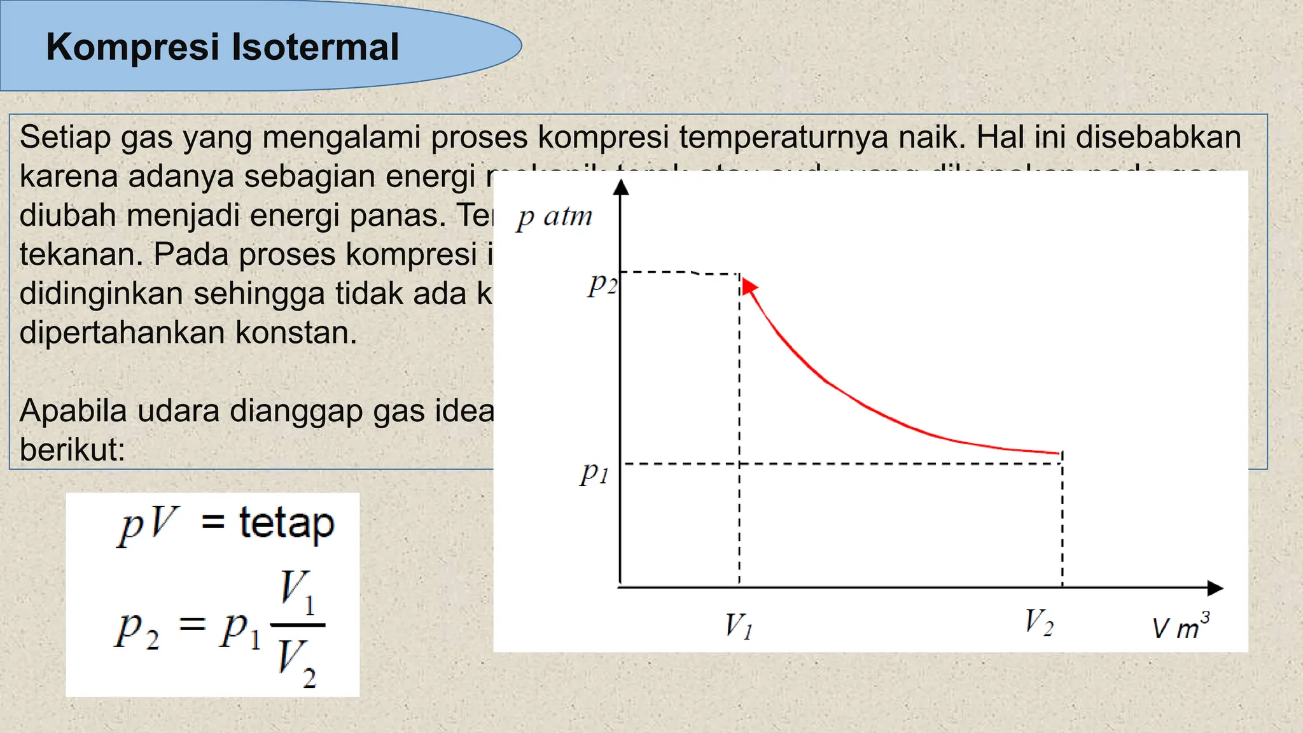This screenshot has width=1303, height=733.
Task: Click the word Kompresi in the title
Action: pos(132,48)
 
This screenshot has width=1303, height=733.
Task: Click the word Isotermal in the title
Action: pos(315,48)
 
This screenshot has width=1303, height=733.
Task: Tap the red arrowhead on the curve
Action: pos(749,286)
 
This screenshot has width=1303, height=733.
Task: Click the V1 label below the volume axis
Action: pos(739,625)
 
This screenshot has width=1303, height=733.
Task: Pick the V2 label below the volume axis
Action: pos(1039,622)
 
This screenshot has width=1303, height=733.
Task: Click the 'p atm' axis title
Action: pos(554,218)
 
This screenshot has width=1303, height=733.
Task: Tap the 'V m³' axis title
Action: pos(1181,627)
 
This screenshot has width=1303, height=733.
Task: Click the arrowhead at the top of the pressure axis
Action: pos(621,186)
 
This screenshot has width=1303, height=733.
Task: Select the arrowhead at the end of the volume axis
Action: pos(1215,589)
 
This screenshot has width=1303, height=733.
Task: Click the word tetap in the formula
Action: pos(286,524)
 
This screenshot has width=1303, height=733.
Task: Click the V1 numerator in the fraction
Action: pos(297,592)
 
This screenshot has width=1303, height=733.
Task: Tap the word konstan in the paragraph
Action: pos(296,332)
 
